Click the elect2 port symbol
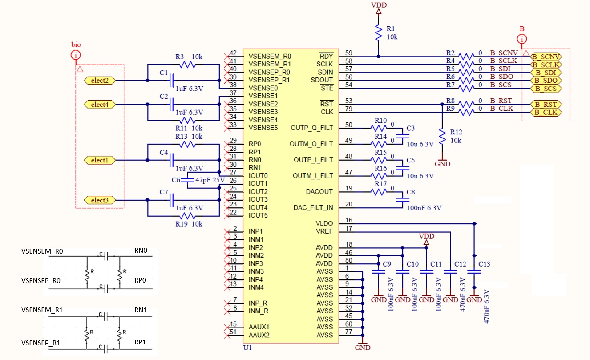click(100, 81)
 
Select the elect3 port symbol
click(100, 200)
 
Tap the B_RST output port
click(546, 105)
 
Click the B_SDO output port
click(546, 81)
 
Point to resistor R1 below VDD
click(379, 32)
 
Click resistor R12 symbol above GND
click(442, 136)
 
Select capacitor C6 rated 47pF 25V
click(187, 180)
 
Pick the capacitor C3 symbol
click(403, 136)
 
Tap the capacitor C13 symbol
click(474, 271)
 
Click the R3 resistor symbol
click(187, 65)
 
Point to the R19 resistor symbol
click(187, 216)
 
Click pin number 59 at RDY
click(348, 53)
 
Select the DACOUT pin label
click(319, 191)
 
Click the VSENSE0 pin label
click(263, 88)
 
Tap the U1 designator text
click(247, 348)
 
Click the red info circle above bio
click(76, 55)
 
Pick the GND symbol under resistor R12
click(442, 162)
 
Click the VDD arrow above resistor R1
click(379, 11)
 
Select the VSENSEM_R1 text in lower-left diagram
click(42, 310)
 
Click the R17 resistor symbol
click(379, 192)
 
